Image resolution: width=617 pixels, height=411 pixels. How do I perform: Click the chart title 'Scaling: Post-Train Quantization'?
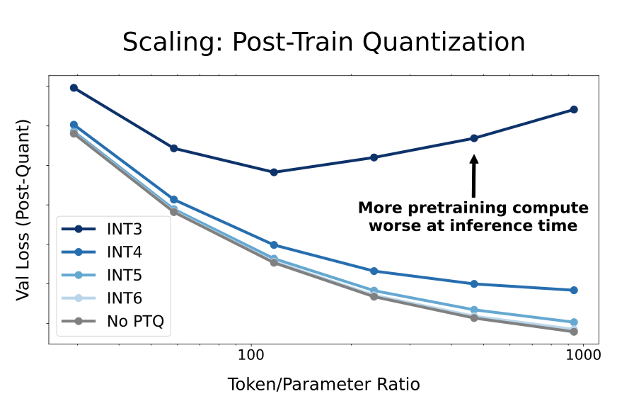point(323,43)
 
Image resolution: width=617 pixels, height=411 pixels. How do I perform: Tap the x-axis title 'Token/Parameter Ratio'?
point(323,385)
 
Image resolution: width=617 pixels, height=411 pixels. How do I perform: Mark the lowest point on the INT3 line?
point(274,172)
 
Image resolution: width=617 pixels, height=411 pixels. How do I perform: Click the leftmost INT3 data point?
point(74,88)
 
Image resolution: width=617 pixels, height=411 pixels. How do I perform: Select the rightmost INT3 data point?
point(574,110)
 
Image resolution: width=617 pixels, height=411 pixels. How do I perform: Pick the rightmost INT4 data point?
point(574,290)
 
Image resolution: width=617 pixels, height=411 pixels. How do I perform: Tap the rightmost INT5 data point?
point(574,322)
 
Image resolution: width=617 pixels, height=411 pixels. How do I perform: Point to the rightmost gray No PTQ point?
point(574,332)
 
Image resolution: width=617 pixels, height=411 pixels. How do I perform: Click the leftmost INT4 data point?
point(74,125)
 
